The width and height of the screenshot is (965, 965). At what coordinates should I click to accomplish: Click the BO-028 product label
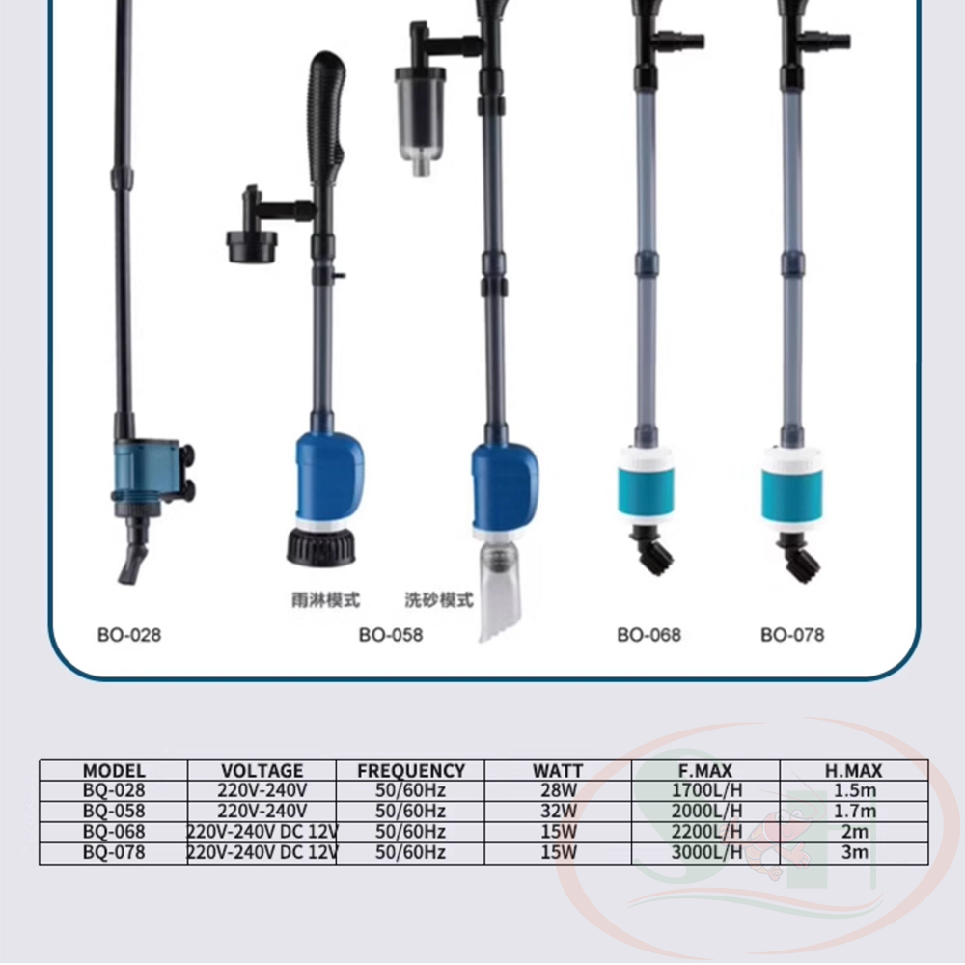(x=129, y=635)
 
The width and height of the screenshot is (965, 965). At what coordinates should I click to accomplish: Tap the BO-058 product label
(x=391, y=635)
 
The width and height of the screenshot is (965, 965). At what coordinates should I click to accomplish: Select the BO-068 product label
(x=649, y=635)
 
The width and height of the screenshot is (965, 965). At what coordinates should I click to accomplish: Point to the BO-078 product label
(x=792, y=635)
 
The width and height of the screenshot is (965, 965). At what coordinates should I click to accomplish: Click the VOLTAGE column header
(x=262, y=770)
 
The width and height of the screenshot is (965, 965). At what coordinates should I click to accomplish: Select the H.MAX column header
(x=854, y=770)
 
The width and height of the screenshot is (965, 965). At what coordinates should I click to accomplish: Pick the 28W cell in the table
(x=559, y=790)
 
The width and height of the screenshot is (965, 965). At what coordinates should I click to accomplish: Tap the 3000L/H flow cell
(x=706, y=852)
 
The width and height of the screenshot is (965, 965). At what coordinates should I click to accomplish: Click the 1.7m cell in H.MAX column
(x=855, y=812)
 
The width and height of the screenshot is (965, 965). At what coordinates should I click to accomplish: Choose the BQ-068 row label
(x=114, y=832)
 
